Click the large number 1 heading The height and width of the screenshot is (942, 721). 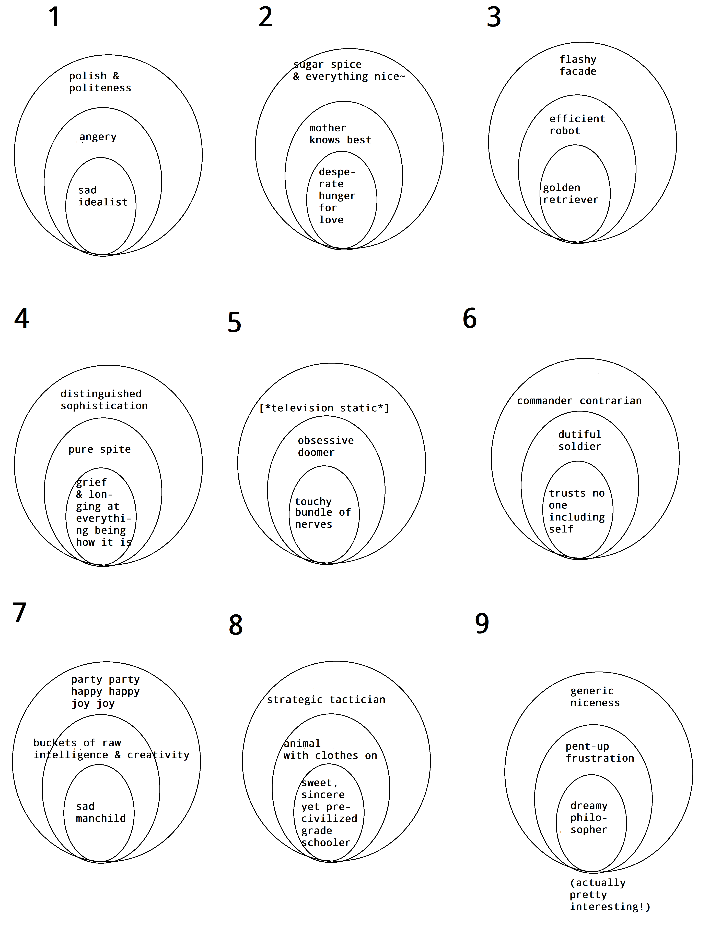tap(54, 18)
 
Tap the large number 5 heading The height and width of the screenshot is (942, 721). tap(234, 323)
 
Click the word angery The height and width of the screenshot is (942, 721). tap(98, 137)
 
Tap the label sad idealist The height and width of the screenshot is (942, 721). tap(103, 196)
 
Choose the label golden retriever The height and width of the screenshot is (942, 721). tap(570, 194)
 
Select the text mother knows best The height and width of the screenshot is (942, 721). tap(340, 134)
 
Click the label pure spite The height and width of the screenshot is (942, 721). tap(100, 449)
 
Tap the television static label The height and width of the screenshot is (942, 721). tap(324, 408)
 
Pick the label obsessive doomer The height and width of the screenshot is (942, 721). tap(326, 446)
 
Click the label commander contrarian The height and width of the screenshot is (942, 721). tap(579, 401)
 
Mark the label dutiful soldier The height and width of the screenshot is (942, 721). tap(579, 440)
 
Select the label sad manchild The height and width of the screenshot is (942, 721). tap(101, 813)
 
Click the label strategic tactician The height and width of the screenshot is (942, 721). tap(326, 700)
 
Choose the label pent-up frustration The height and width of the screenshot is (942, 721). tap(600, 752)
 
